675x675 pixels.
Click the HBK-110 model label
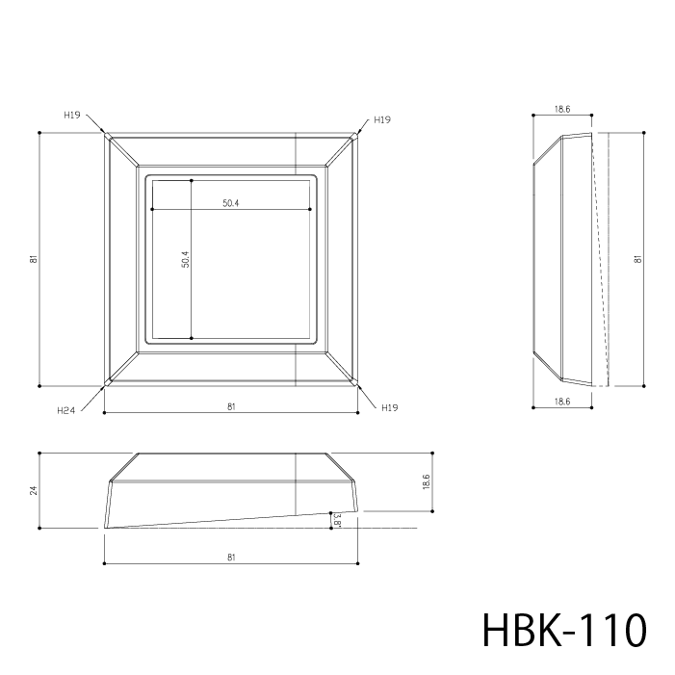[x=564, y=630]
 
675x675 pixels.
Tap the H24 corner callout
[x=65, y=411]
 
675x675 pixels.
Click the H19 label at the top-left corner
[x=72, y=115]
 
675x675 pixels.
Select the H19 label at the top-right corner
[x=382, y=119]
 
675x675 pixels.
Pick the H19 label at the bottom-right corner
[x=390, y=407]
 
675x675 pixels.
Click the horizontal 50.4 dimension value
[x=231, y=203]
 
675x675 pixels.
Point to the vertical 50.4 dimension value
[x=186, y=260]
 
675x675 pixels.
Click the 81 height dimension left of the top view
[x=34, y=259]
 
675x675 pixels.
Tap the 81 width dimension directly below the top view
[x=231, y=406]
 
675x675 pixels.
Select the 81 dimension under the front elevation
[x=231, y=558]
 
